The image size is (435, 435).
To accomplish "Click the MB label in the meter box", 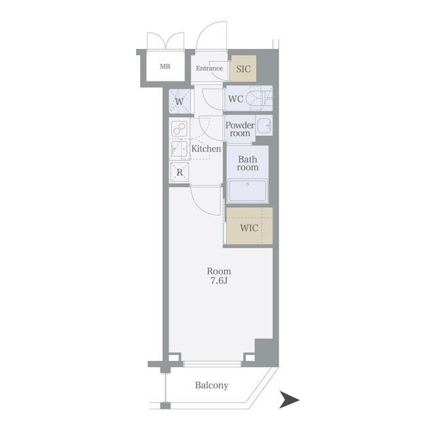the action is coord(165,67).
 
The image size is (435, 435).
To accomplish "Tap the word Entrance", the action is coord(209,68).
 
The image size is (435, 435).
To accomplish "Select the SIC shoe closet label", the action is coord(243,69).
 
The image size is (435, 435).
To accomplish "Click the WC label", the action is coord(236,99).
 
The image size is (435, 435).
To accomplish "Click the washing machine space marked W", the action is coord(179,101).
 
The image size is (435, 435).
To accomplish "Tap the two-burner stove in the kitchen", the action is coord(179,129).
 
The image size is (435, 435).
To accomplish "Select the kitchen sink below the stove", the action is coord(179,150).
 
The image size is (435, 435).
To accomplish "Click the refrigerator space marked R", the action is coord(179,172).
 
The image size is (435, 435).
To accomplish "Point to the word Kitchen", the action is coord(206,149).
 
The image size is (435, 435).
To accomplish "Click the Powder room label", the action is coord(240,129).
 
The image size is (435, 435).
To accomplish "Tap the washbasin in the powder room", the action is coord(264,126).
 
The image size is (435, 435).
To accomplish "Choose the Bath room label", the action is coord(247,163).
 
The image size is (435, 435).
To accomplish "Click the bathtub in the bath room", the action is coord(247,191).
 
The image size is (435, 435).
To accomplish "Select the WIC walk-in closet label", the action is coord(249,228).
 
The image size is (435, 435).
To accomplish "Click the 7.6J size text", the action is coord(219,281).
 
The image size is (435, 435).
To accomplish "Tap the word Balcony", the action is coord(211,385).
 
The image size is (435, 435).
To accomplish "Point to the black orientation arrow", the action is coord(290,400).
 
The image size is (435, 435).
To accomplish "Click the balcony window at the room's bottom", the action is coord(212,364).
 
